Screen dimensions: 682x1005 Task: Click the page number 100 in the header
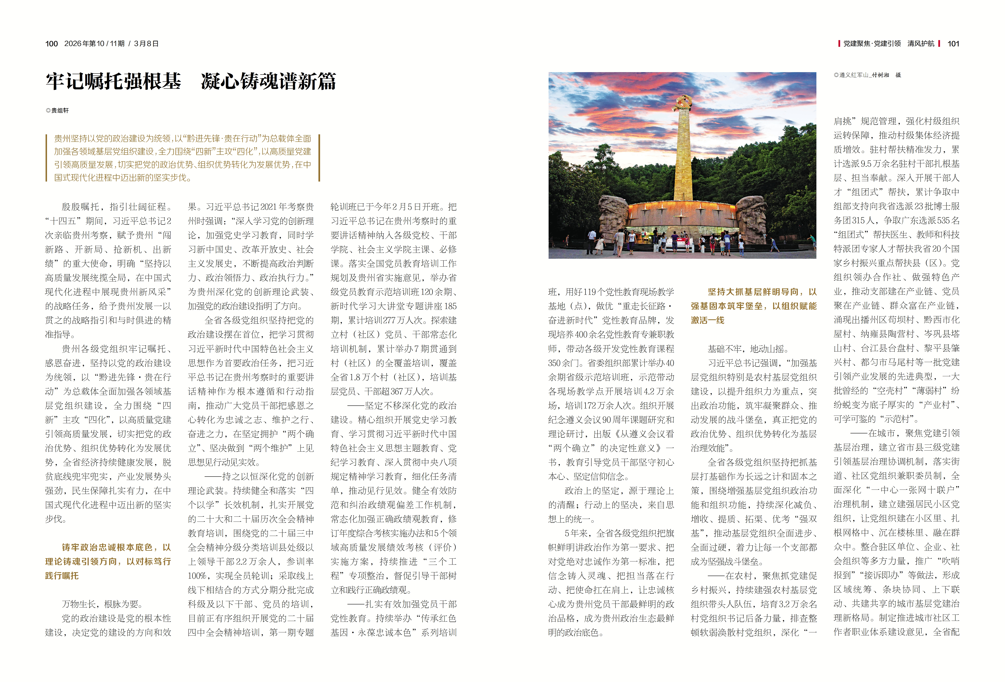[51, 44]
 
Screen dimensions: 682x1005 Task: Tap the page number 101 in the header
[953, 44]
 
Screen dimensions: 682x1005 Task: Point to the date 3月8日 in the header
[146, 44]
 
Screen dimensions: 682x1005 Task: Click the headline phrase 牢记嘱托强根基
[113, 81]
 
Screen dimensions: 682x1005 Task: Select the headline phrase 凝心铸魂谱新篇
[268, 81]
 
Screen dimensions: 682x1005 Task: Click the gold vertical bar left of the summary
[46, 158]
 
